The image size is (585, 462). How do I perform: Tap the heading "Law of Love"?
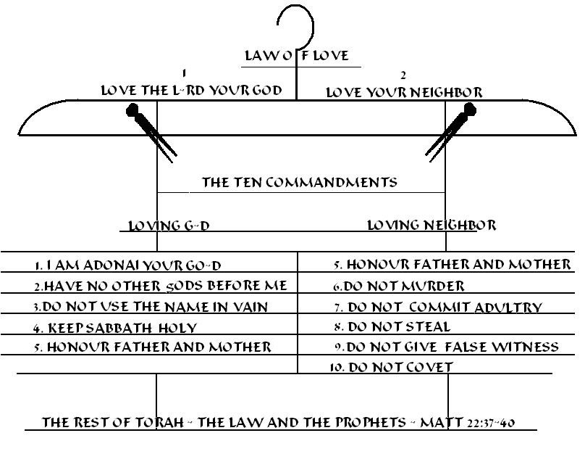pyautogui.click(x=296, y=56)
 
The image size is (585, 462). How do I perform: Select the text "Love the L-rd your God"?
pyautogui.click(x=198, y=91)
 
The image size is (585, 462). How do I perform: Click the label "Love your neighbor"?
pyautogui.click(x=404, y=93)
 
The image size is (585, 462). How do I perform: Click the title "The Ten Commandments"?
pyautogui.click(x=299, y=182)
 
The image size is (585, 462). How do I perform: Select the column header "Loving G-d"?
pyautogui.click(x=169, y=226)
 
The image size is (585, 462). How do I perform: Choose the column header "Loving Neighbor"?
pyautogui.click(x=432, y=225)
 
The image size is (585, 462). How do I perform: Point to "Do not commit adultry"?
pyautogui.click(x=437, y=307)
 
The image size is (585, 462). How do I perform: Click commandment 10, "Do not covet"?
pyautogui.click(x=391, y=368)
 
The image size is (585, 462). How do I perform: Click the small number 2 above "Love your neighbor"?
pyautogui.click(x=403, y=75)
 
